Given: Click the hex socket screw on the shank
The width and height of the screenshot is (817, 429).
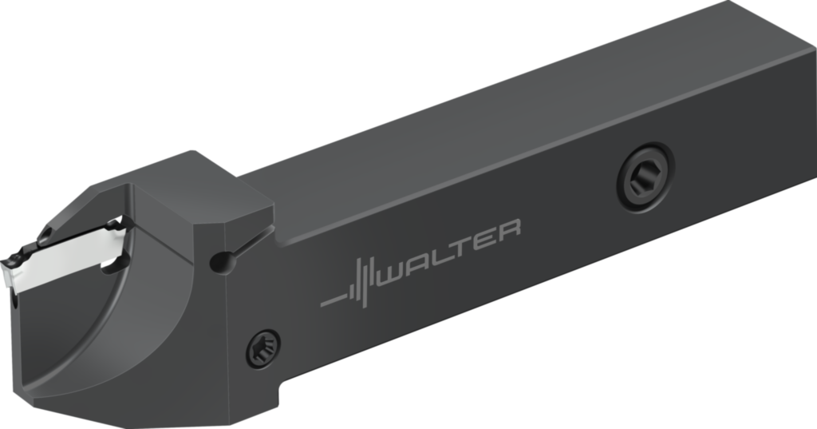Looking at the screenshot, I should click(645, 177).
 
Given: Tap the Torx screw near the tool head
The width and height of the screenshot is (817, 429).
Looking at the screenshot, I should click(262, 348).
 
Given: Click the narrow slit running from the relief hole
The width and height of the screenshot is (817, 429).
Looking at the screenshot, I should click(251, 242).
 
